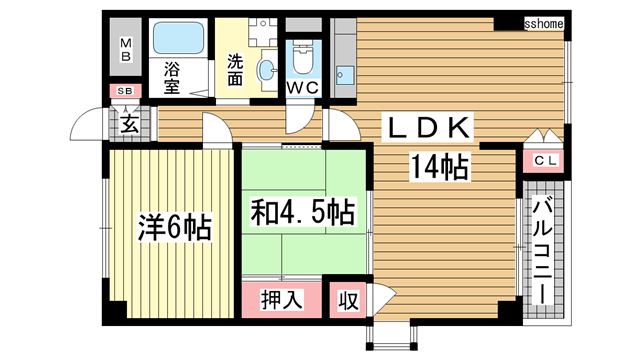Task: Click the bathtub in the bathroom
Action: pos(178,38)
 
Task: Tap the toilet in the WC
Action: pos(302,57)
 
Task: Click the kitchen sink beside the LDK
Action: pos(345,76)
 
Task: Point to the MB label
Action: pos(126,49)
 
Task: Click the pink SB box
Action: pos(125,91)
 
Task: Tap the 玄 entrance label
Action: pos(129,124)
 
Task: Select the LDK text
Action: pos(427,127)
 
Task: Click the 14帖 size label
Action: pos(439,167)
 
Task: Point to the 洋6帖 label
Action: pos(175,227)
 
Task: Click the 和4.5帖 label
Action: pos(302,211)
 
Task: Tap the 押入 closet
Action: pos(282,300)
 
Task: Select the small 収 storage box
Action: pos(348,300)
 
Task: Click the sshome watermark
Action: pos(544,24)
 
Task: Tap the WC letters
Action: pos(302,88)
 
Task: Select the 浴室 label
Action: pos(172,78)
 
